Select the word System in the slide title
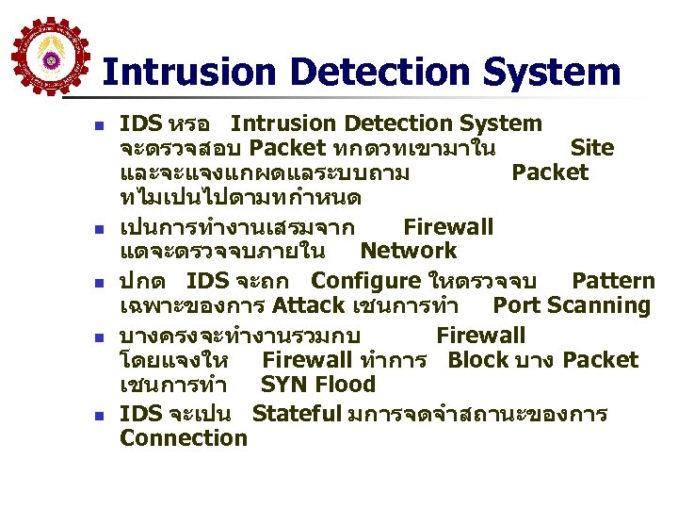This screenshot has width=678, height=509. pos(548,73)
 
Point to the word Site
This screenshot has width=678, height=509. pos(592,148)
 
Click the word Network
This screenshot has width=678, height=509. pos(408,251)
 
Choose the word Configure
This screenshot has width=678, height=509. pos(365,281)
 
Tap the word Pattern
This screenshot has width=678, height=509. pos(613,281)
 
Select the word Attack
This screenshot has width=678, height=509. pos(307,305)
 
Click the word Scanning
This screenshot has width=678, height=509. pos(598,305)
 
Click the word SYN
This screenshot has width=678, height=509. pos(282,385)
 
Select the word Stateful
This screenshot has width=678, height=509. pos(297,414)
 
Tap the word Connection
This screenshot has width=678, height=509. pos(184,438)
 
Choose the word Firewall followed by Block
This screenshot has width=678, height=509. pos(308,360)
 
